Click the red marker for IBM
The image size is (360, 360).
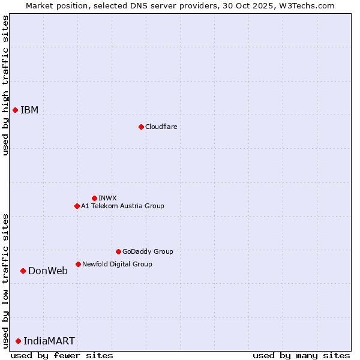(x=15, y=110)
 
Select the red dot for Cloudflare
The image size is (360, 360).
(x=141, y=127)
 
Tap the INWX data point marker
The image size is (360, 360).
(x=94, y=198)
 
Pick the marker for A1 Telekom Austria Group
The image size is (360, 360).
(x=77, y=206)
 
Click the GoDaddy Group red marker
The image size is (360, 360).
(x=118, y=251)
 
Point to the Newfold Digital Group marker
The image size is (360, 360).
(x=78, y=264)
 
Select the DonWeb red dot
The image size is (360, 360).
(x=23, y=271)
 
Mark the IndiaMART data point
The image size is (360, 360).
(x=18, y=341)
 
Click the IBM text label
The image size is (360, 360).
(x=29, y=110)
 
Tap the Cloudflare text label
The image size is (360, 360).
(x=161, y=127)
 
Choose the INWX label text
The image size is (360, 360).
(x=107, y=198)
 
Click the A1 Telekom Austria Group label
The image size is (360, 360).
(x=122, y=206)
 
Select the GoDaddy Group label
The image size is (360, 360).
(x=148, y=251)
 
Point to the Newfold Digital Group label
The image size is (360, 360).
(x=117, y=264)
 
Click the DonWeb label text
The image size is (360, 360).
(x=48, y=271)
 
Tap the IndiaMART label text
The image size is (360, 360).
(x=49, y=341)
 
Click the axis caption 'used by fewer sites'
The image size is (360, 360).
(x=62, y=355)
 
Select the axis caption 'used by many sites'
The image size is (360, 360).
(x=301, y=355)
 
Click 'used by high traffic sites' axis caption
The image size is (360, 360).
(x=5, y=85)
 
